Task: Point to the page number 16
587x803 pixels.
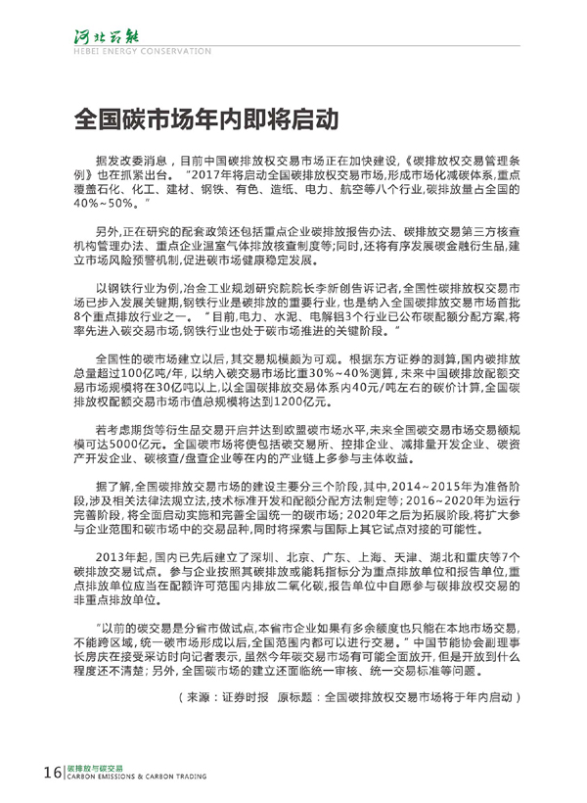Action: (x=50, y=773)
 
